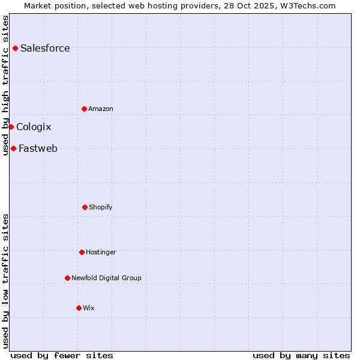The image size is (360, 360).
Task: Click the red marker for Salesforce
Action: (15, 48)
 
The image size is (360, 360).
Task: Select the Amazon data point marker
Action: (84, 109)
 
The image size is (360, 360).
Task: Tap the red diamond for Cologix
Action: (11, 127)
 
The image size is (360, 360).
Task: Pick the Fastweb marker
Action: (13, 148)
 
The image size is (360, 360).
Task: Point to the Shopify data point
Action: (85, 207)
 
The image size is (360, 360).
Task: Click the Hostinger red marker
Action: (82, 252)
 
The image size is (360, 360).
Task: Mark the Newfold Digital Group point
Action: (67, 278)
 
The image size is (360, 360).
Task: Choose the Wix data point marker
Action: (79, 308)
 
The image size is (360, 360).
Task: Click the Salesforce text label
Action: (45, 49)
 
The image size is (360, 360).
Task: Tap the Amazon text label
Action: (101, 109)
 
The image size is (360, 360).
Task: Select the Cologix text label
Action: (34, 127)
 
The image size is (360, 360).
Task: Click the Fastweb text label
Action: (38, 149)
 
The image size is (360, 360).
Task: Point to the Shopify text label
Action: (101, 207)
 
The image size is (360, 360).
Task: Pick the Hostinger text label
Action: (101, 252)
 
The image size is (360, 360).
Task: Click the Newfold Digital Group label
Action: (106, 278)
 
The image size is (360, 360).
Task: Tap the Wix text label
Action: (89, 308)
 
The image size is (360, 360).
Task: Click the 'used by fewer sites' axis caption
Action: (62, 355)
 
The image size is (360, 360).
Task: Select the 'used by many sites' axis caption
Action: (301, 355)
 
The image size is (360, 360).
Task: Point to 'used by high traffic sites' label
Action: (5, 85)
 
